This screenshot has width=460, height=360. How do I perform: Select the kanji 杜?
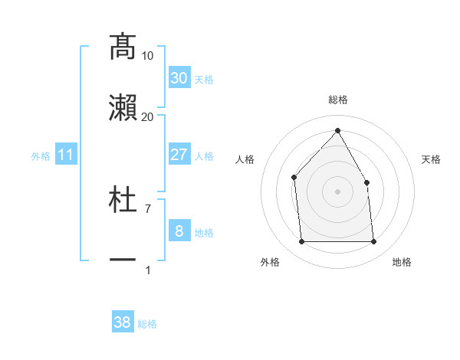pos(123,200)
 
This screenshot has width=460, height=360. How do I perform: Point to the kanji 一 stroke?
pos(123,260)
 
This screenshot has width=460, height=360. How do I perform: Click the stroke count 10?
pos(148,55)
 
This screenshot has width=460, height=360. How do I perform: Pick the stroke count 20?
pos(148,116)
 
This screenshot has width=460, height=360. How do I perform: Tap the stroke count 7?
pos(148,208)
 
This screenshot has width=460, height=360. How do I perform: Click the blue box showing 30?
pos(179,78)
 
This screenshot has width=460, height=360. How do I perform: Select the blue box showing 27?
pos(179,155)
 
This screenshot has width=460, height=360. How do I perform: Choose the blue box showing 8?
pos(179,231)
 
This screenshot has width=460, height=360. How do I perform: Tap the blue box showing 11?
pos(66,155)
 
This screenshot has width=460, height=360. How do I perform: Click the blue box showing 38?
pos(123,322)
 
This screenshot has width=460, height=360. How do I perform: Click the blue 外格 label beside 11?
pos(41,155)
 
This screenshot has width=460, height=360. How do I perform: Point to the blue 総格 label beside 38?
pos(147,324)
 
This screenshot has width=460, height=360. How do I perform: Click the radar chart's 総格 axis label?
pos(337,100)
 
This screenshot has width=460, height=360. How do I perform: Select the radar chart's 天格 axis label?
pos(431,159)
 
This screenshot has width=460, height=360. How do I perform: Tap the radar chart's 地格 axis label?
pos(402,262)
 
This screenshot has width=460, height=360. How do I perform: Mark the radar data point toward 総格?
pos(337,130)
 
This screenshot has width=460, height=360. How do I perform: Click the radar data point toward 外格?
pos(301,242)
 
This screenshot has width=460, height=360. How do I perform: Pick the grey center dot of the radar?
pos(337,191)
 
